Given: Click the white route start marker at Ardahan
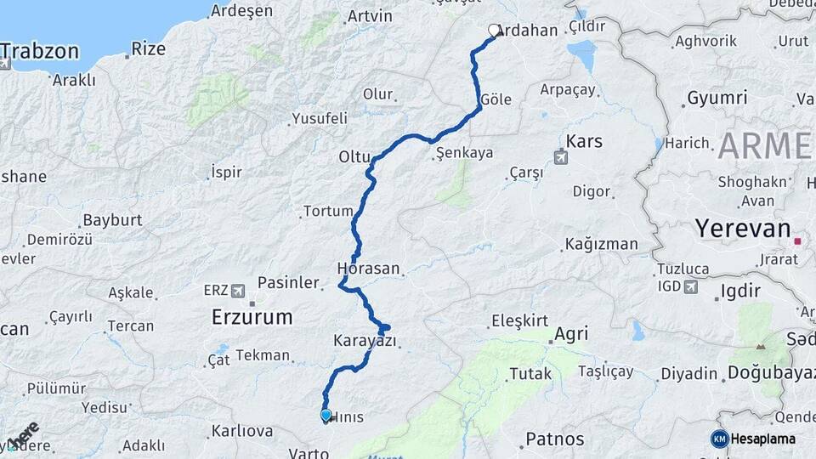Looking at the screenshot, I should pos(494,31).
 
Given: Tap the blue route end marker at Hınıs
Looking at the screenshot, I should pos(326,415).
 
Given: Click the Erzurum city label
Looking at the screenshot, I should pos(252,318).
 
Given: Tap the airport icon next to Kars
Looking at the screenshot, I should pos(561,157).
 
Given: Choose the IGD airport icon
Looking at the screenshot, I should pos(689,286).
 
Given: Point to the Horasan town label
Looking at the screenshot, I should pos(368,268).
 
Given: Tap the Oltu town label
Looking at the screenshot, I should pos(354,157).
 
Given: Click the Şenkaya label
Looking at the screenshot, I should pos(464,154).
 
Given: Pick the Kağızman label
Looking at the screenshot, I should pos(601,245).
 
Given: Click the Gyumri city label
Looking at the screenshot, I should pos(717,98).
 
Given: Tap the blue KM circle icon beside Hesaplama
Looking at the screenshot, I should pos(719,439).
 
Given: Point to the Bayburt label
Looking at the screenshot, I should pos(112,220).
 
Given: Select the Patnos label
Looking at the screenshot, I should pos(554,439).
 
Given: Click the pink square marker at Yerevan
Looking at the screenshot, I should pos(797,241).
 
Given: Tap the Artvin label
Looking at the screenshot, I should pos(370,16).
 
